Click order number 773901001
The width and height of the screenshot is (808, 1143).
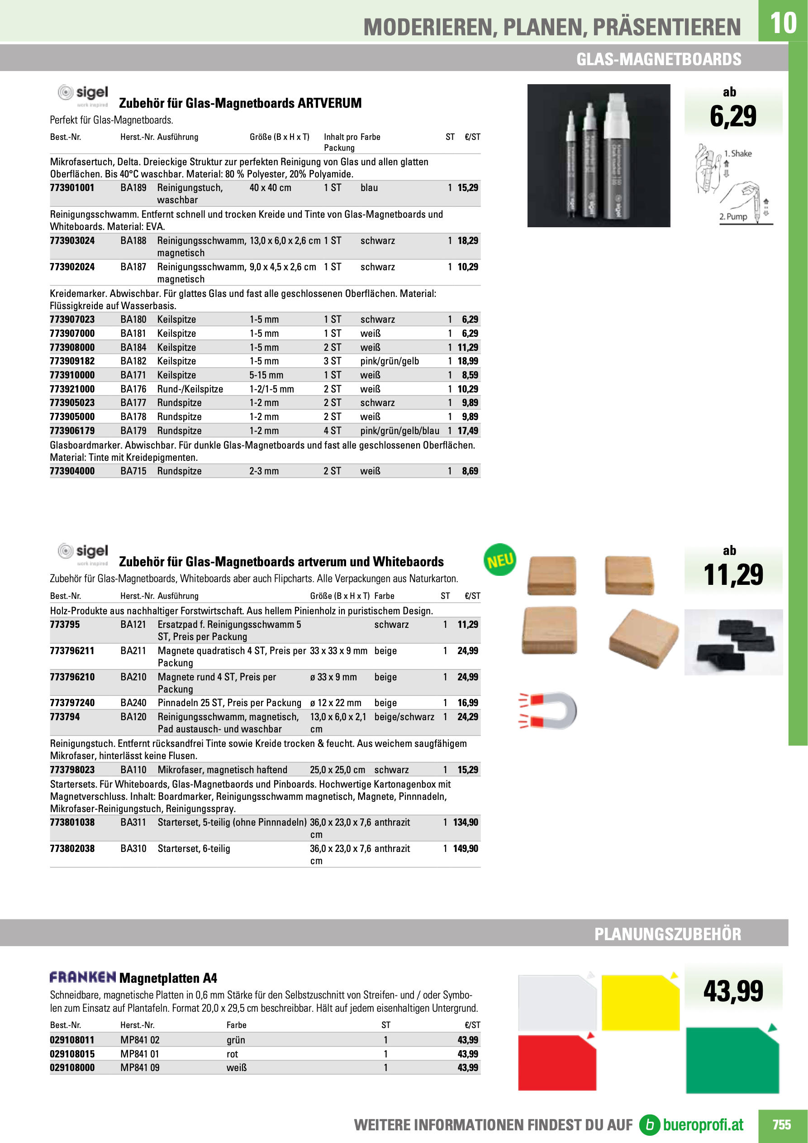72,188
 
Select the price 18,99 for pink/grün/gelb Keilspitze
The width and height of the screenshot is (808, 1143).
468,361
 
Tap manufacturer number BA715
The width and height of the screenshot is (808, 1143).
133,471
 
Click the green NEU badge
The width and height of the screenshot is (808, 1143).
499,560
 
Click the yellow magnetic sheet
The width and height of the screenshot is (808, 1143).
640,1003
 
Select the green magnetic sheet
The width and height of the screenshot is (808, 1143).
732,1060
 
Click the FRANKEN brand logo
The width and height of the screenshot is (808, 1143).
83,977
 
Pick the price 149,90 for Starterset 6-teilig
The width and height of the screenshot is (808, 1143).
465,848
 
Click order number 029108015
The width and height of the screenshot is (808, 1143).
72,1054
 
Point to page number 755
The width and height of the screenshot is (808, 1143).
781,1124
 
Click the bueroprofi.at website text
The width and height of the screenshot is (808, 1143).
703,1124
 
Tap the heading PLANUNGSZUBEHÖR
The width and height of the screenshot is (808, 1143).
667,934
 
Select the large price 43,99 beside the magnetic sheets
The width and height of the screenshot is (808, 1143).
733,990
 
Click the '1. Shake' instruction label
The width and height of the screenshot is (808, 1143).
738,154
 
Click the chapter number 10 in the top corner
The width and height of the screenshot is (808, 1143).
783,22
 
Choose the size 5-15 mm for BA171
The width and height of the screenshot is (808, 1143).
266,375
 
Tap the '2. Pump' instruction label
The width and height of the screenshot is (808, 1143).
733,216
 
